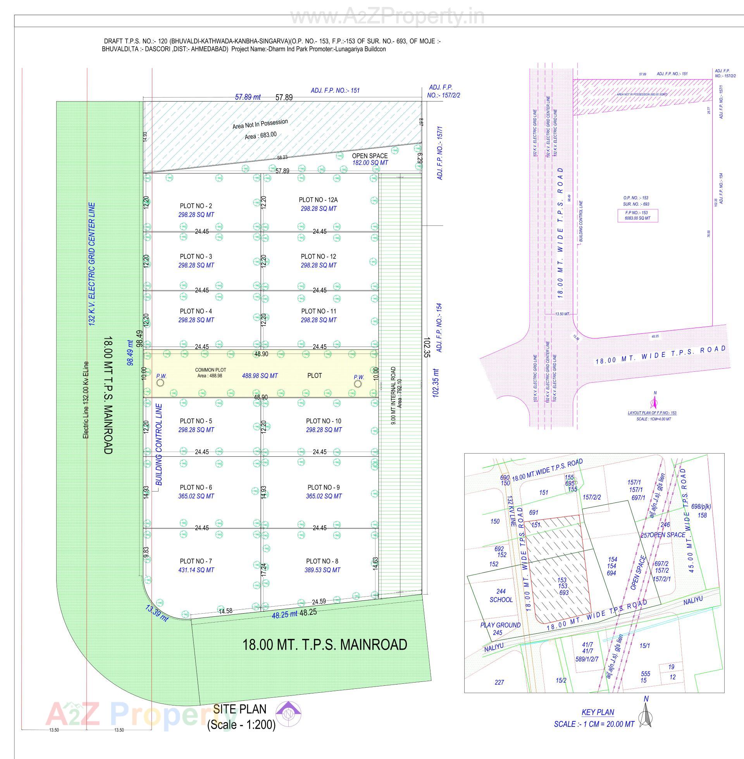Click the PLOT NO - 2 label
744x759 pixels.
click(x=196, y=206)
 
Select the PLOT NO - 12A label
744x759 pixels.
click(x=318, y=200)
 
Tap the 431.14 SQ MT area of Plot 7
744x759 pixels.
click(x=196, y=570)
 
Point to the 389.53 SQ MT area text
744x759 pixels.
click(x=322, y=570)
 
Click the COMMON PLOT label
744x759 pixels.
click(x=210, y=370)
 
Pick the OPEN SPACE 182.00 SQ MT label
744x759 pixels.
click(x=370, y=159)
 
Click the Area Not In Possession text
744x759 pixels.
click(x=260, y=124)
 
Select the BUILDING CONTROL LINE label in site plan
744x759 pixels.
click(x=159, y=444)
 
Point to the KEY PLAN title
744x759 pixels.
click(x=598, y=712)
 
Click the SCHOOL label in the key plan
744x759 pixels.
click(x=501, y=600)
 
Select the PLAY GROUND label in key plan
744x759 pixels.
click(x=500, y=625)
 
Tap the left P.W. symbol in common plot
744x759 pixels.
click(x=161, y=383)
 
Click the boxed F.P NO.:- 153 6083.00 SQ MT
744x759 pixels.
click(x=637, y=216)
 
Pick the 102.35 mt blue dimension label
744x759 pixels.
click(x=436, y=383)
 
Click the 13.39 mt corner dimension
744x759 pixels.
click(x=156, y=613)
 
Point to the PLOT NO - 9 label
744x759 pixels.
click(x=324, y=487)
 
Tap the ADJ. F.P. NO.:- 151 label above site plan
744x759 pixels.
click(x=335, y=90)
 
